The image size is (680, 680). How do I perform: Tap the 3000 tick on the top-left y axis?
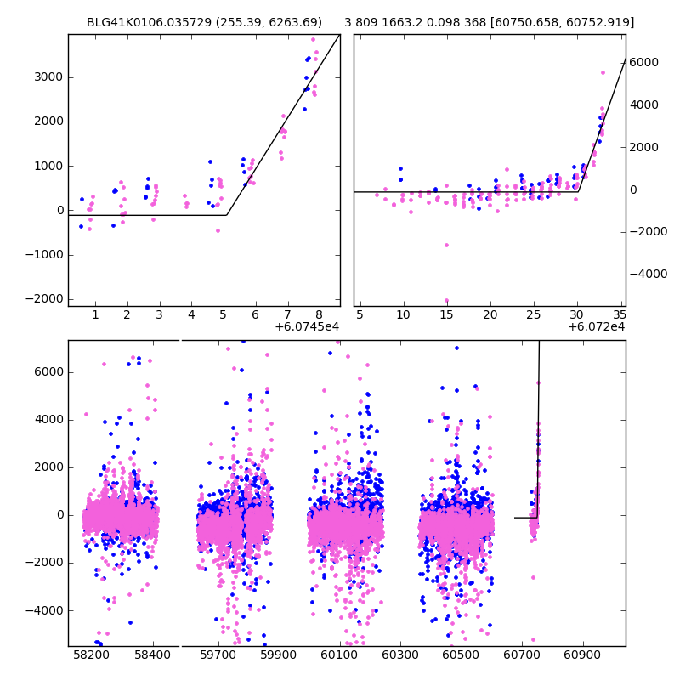tap(51, 77)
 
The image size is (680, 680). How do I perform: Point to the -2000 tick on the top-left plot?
tap(48, 298)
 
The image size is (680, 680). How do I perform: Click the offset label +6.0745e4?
tap(307, 327)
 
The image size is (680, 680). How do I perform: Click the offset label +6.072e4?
tap(596, 327)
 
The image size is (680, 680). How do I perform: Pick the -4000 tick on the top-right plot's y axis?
tap(646, 275)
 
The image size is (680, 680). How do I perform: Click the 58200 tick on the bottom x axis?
tap(90, 656)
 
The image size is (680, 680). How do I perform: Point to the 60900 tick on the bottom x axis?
tap(582, 656)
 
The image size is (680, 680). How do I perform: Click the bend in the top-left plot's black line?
tap(227, 215)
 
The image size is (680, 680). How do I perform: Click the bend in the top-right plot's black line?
tap(578, 192)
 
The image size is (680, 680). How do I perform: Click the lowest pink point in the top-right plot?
tap(446, 300)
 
